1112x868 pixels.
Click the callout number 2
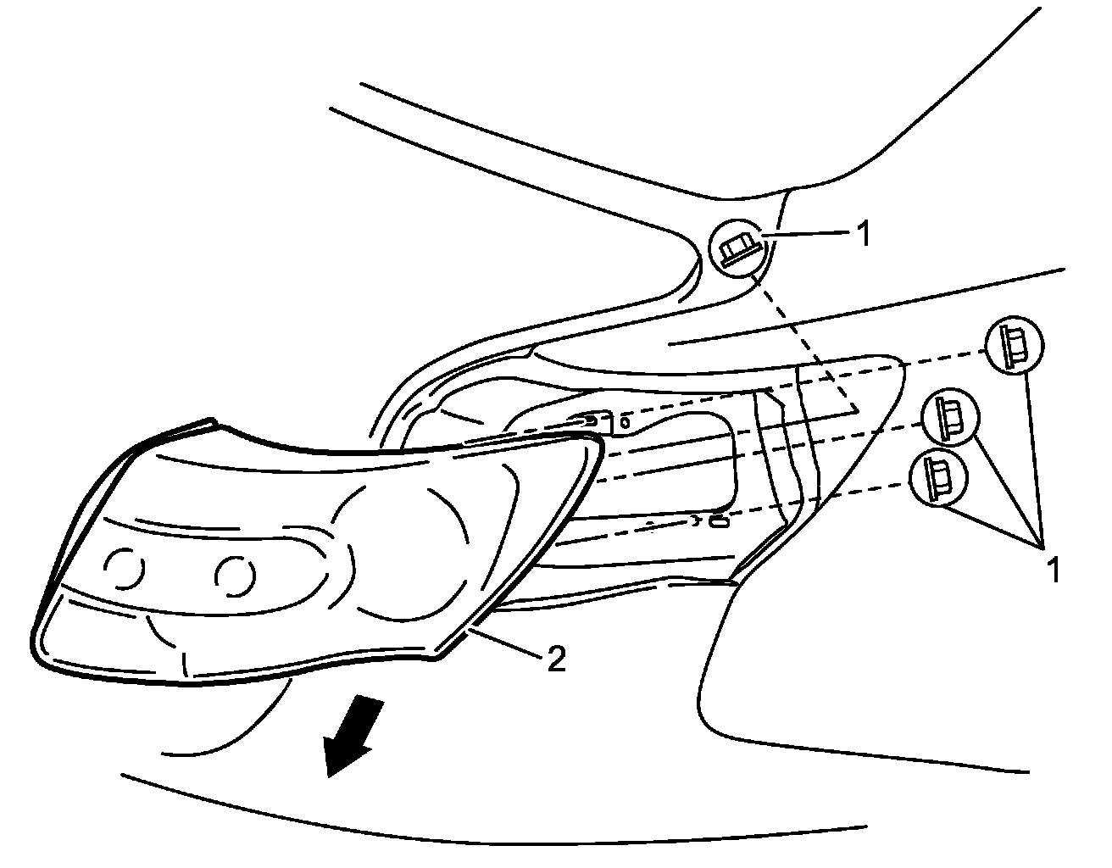pos(555,659)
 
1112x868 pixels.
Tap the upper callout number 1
pos(863,235)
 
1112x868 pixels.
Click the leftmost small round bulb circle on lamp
pos(124,569)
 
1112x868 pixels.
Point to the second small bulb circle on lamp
pos(235,575)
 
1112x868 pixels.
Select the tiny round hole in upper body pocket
pos(625,420)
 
